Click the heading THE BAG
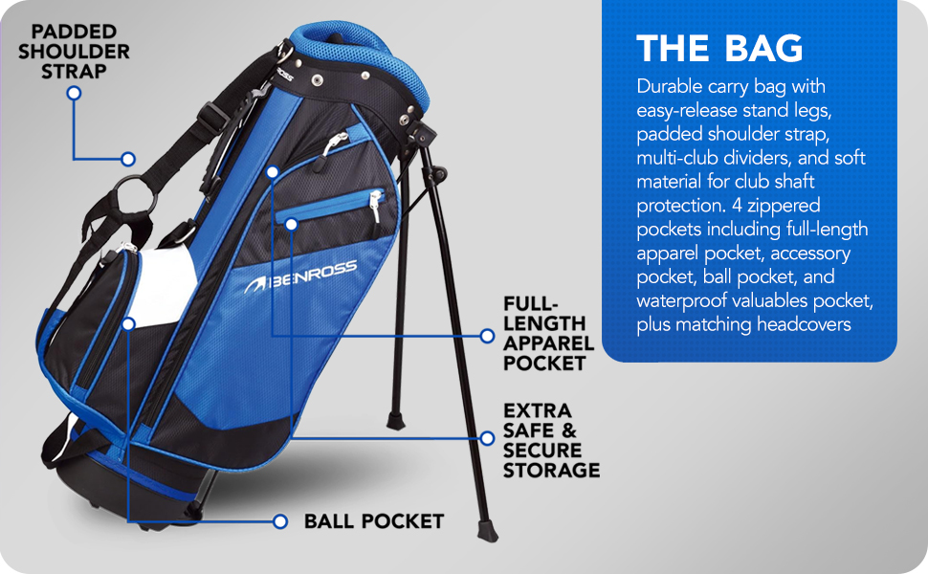[x=719, y=49]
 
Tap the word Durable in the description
[x=672, y=87]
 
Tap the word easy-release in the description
[x=683, y=111]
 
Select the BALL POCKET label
[x=374, y=521]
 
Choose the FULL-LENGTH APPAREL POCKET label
[x=548, y=334]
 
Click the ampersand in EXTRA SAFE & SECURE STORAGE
[x=569, y=431]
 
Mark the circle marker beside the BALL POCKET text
[x=280, y=521]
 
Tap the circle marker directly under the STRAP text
[x=74, y=94]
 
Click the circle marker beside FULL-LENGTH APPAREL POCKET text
[x=487, y=336]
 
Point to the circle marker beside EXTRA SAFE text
[x=487, y=435]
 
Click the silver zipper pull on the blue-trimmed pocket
[x=375, y=201]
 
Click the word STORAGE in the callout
[x=552, y=470]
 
